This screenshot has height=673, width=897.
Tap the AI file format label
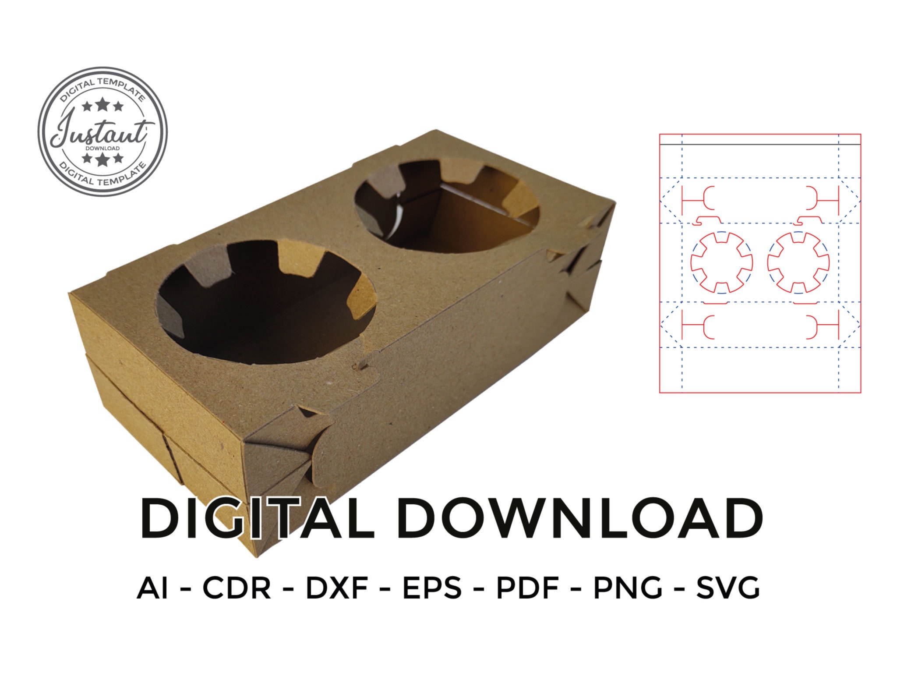coord(152,588)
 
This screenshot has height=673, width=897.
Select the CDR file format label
coord(237,588)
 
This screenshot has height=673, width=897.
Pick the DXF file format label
coord(336,588)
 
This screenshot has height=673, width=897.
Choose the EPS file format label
coord(432,588)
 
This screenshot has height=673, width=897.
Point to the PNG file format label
coord(628,588)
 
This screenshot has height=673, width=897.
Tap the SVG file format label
coord(728,588)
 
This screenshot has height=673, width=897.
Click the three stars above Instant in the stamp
coord(103,106)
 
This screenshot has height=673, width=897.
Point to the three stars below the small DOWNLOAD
coord(103,159)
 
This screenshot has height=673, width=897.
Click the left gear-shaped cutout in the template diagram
coord(721,262)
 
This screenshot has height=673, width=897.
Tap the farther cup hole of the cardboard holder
coord(447,206)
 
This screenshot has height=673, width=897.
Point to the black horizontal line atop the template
coord(760,144)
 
